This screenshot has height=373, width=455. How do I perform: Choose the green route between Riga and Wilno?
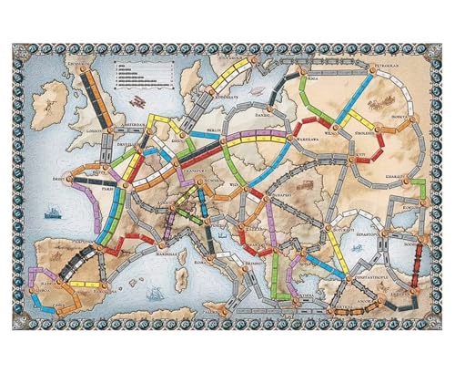coord(304,95)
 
